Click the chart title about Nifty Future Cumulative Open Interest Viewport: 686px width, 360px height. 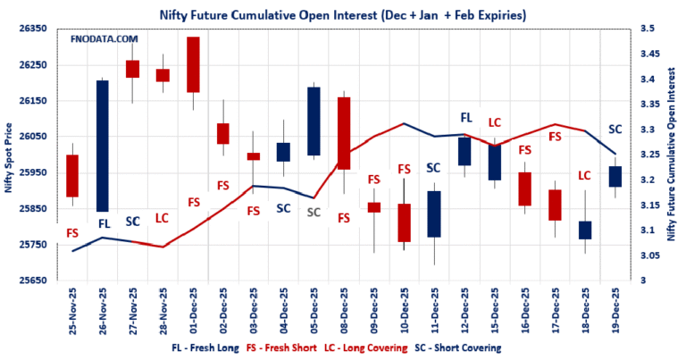(342, 15)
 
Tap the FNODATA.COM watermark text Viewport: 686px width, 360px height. (105, 39)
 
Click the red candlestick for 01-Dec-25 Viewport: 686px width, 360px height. (193, 64)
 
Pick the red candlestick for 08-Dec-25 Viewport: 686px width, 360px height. (344, 133)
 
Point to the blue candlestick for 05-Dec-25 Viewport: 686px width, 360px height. (314, 121)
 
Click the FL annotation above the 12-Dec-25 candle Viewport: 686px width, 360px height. (465, 118)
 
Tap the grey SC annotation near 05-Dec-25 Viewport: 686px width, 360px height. (314, 213)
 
